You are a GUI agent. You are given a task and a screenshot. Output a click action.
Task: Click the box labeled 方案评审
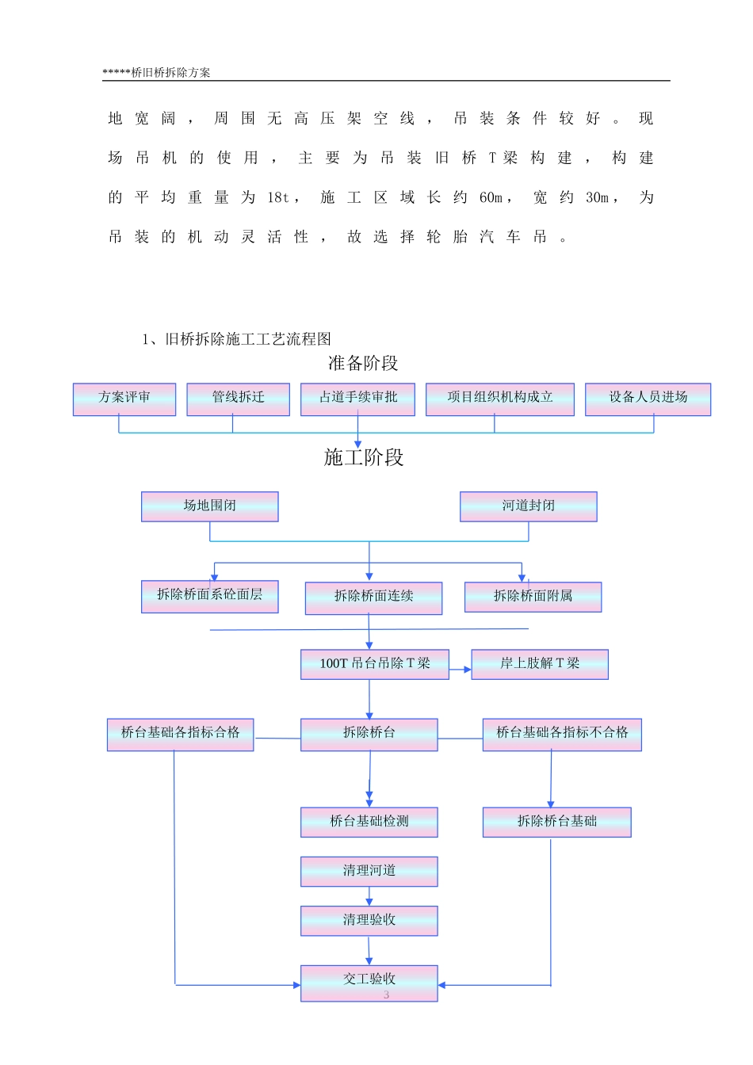[x=124, y=399]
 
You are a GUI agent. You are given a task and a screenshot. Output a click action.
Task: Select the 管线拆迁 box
[x=238, y=399]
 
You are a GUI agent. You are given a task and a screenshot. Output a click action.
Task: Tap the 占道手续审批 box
[x=357, y=399]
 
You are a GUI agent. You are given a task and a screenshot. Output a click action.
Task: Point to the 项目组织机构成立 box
[x=499, y=399]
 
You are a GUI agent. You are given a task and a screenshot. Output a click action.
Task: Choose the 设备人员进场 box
[x=648, y=399]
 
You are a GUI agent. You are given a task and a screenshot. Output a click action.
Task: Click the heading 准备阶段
[x=363, y=364]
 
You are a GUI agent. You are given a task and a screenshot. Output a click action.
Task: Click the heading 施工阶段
[x=364, y=457]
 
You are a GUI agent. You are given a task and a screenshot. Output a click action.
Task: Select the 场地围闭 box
[x=210, y=506]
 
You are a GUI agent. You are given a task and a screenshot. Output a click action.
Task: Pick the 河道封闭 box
[x=528, y=506]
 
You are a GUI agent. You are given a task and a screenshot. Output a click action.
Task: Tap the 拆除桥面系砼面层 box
[x=210, y=596]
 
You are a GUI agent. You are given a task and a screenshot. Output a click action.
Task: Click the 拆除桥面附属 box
[x=533, y=597]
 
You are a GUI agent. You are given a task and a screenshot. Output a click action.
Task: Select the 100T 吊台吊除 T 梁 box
[x=375, y=664]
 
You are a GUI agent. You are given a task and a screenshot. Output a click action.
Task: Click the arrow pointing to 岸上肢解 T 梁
[x=461, y=670]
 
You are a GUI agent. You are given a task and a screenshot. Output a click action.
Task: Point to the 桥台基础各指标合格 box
[x=180, y=735]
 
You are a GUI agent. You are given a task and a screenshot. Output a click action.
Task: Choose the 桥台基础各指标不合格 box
[x=562, y=735]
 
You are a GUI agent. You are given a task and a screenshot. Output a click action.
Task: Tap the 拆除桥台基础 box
[x=556, y=822]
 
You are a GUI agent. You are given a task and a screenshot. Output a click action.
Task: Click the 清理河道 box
[x=369, y=871]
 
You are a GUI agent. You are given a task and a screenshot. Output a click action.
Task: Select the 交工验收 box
[x=369, y=982]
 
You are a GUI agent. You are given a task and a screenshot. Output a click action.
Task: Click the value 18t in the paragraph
[x=278, y=197]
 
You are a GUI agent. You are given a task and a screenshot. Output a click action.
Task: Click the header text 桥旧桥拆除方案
[x=170, y=72]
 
